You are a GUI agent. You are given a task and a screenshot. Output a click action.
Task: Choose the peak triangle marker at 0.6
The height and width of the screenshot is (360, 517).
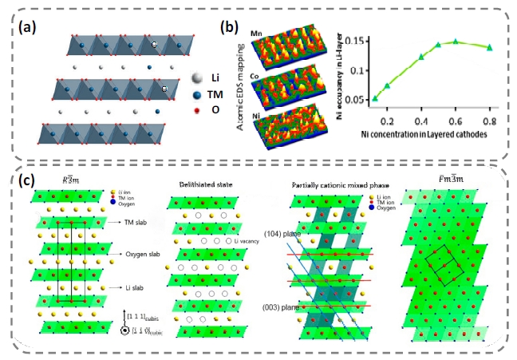(x=456, y=41)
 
